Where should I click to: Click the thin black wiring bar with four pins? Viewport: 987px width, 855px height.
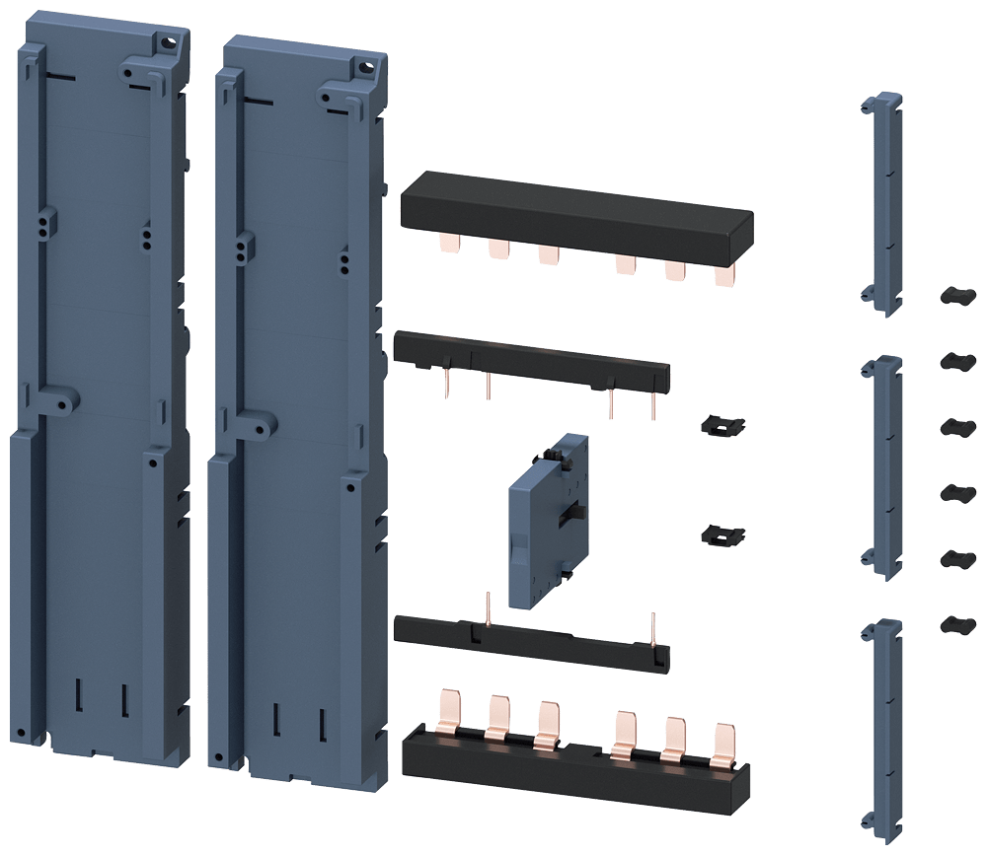[533, 360]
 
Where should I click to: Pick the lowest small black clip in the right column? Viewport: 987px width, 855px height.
[952, 623]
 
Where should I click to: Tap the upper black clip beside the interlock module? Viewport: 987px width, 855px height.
[721, 425]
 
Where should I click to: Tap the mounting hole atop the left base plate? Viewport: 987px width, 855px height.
[170, 41]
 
